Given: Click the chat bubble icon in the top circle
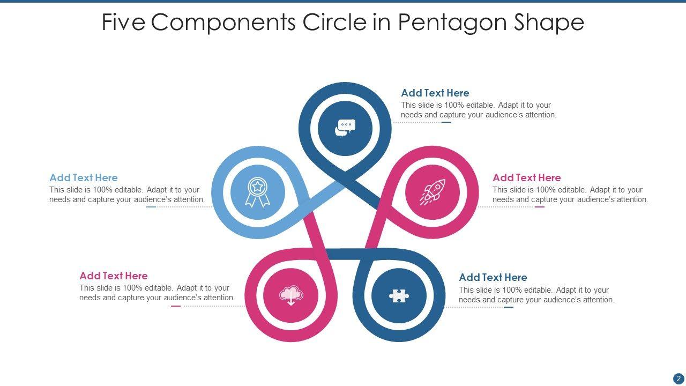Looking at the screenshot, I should pos(345,128).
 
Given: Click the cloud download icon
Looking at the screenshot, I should pos(291,295).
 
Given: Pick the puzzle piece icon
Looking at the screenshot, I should pos(399,295).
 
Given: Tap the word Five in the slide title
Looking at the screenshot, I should pos(123,23).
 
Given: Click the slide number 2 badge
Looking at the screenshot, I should pos(678,378).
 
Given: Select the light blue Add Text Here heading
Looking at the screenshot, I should pos(84,177).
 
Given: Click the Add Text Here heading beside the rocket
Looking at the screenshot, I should pos(527,177).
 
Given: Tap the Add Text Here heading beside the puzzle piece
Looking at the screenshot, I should pos(493,277).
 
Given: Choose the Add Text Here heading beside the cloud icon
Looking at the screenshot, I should pos(114,276).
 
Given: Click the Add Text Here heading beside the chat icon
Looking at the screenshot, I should pos(435,93).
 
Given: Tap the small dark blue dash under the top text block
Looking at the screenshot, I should pos(446,122).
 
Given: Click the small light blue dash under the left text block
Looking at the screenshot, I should pos(151,207).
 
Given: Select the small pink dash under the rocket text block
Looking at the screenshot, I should pos(539,207).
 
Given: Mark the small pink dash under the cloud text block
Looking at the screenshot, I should pos(176,306).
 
